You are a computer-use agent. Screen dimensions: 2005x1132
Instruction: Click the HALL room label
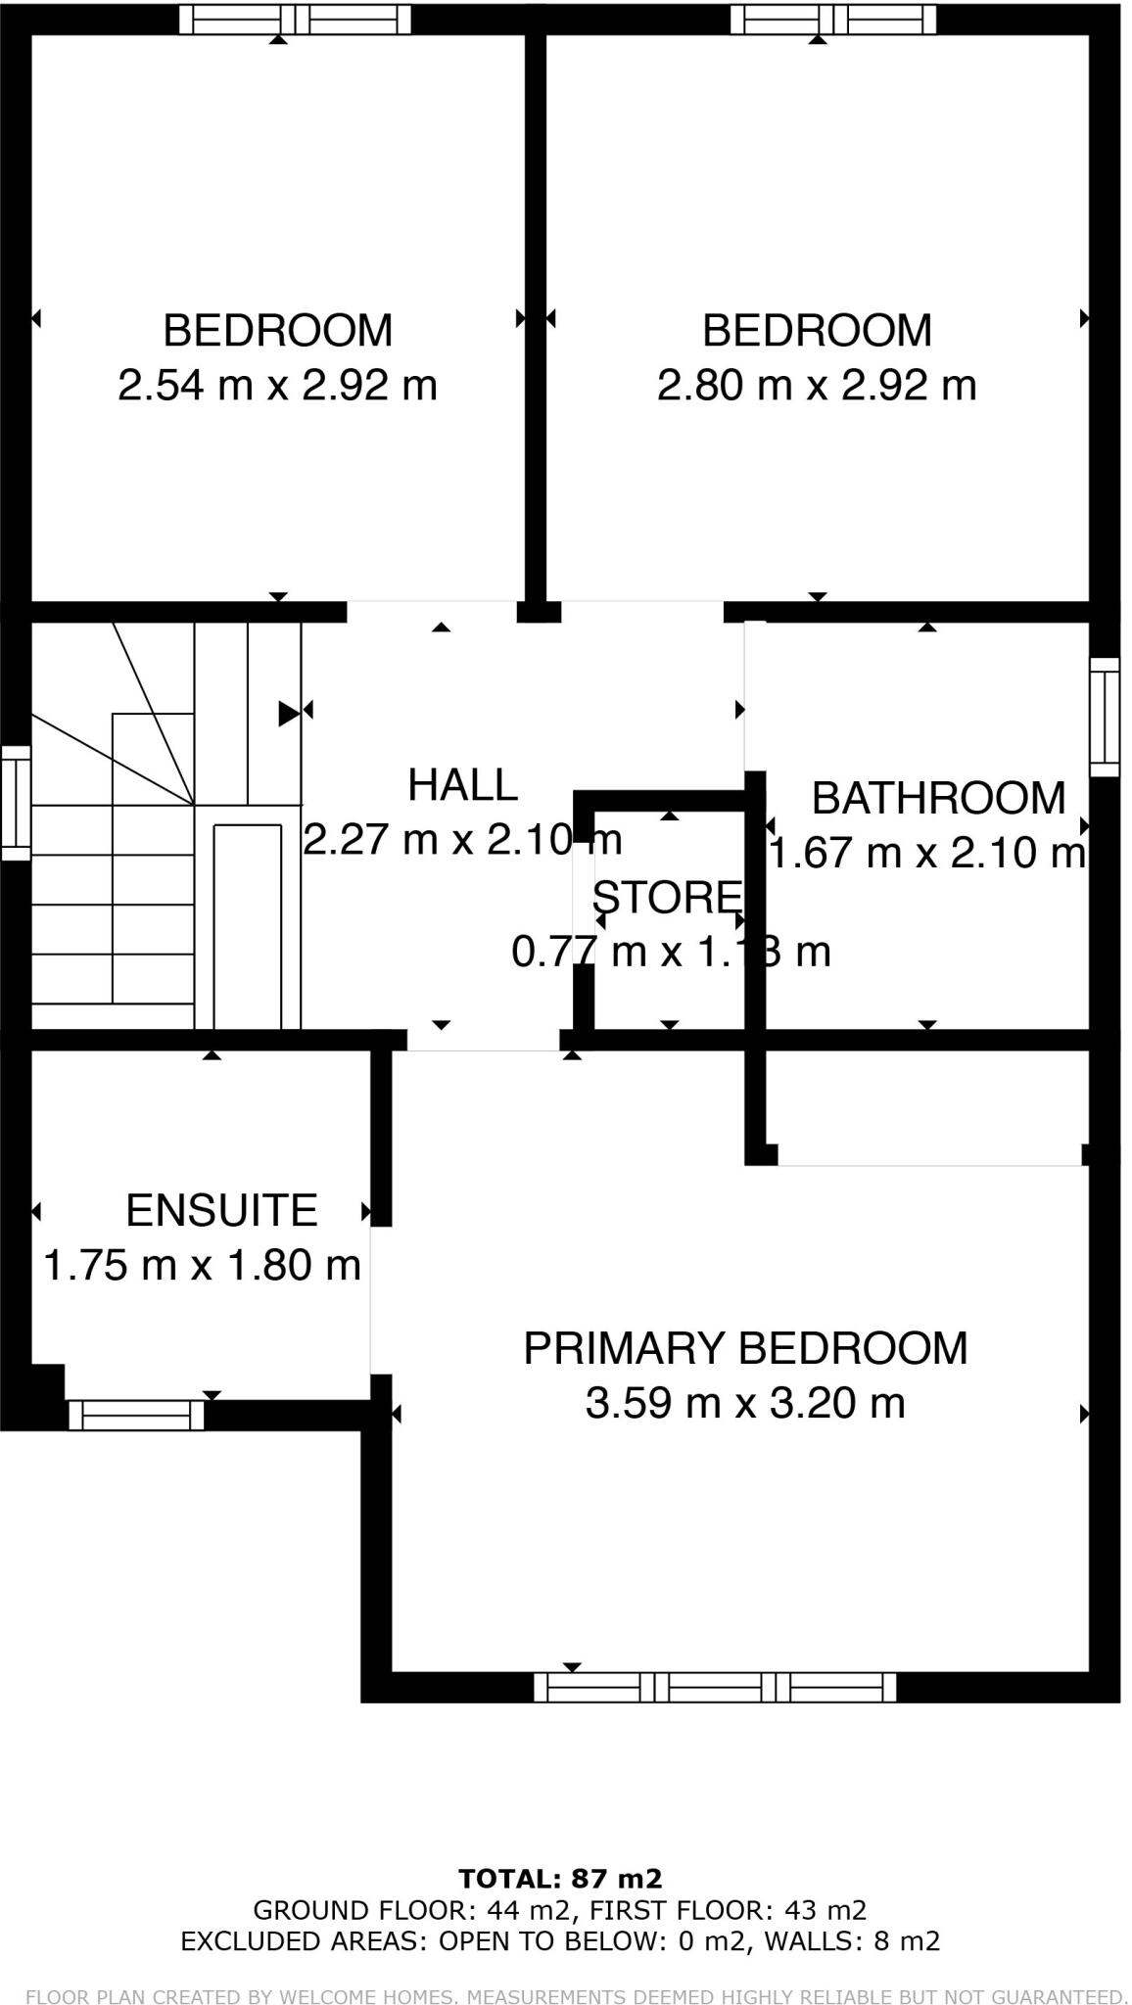coord(462,785)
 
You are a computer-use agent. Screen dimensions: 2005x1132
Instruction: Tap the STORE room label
coord(666,897)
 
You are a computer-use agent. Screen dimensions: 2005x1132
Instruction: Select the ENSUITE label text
coord(221,1211)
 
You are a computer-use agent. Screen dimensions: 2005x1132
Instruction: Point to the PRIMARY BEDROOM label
coord(745,1348)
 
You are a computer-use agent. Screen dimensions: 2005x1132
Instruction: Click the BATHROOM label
coord(938,798)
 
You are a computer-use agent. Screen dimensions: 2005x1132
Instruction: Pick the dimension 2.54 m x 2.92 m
coord(277,385)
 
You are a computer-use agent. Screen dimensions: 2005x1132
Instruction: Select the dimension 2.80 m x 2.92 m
coord(816,385)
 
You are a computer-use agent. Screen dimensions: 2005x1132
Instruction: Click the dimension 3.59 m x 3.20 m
coord(745,1403)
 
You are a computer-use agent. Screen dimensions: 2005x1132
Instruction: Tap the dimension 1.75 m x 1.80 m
coord(203,1266)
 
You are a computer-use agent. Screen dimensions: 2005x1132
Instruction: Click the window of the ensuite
coord(136,1415)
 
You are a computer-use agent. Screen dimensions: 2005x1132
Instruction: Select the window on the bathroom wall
coord(1105,717)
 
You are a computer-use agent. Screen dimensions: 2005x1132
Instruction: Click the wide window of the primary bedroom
coord(715,1687)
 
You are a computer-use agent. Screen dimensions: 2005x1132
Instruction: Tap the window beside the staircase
coord(16,803)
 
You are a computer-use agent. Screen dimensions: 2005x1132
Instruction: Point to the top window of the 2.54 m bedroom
coord(301,20)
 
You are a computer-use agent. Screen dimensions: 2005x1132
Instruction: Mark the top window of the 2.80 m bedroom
coord(832,20)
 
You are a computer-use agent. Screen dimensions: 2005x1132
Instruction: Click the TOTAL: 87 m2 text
coord(561,1879)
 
